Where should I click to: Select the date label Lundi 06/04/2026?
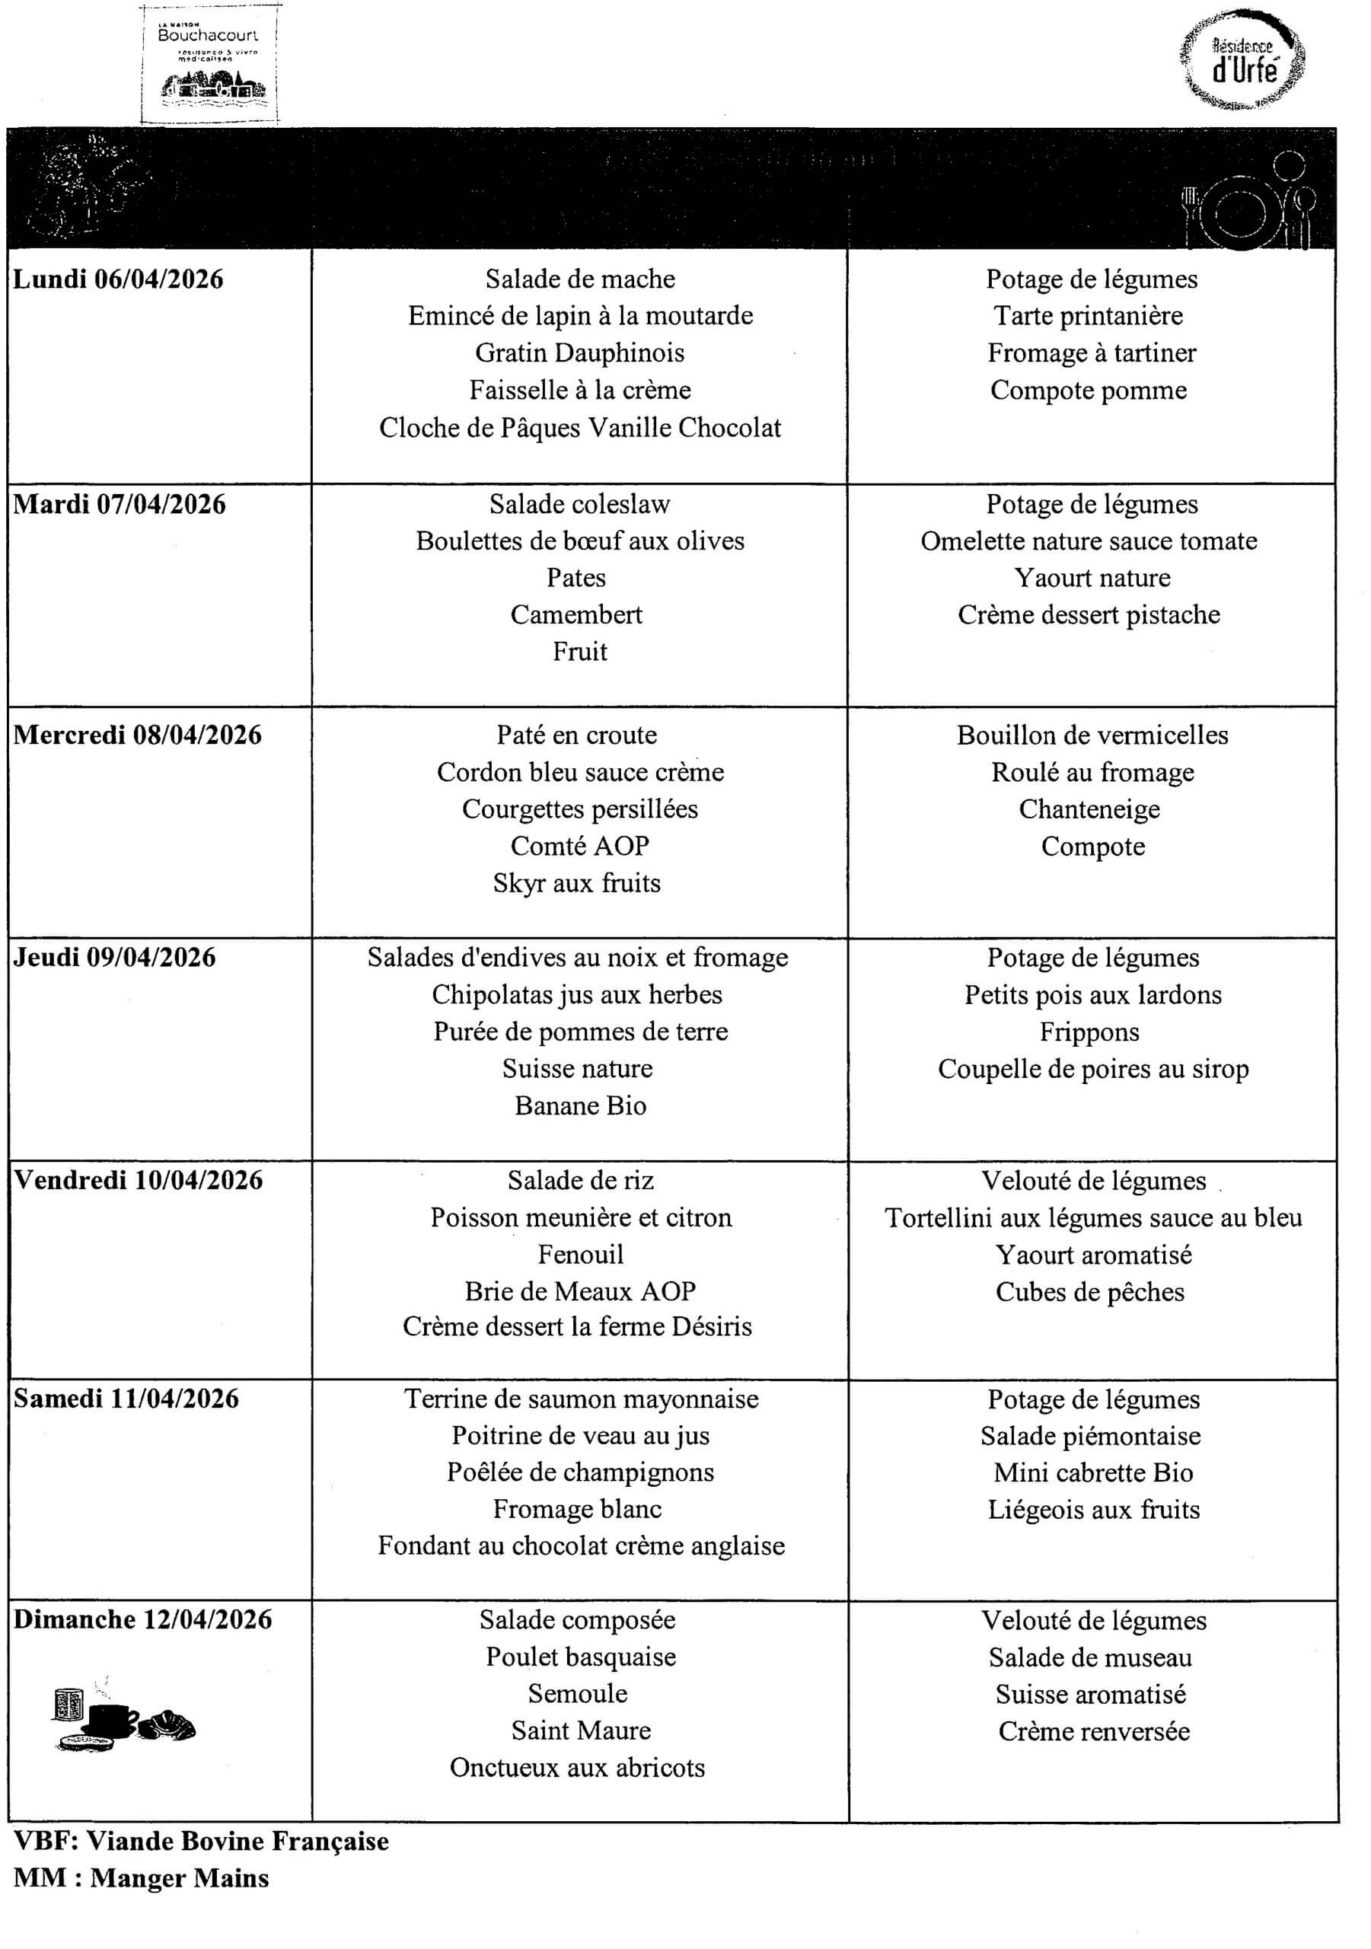[118, 279]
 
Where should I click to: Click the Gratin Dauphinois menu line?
[580, 353]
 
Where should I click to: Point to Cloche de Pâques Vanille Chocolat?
[580, 428]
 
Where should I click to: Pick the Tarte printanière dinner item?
[1089, 316]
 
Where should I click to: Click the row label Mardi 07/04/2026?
[120, 504]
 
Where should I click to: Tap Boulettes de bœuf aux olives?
[580, 541]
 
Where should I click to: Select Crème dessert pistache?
[1089, 614]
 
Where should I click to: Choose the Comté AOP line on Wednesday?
[580, 847]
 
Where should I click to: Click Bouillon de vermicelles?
[1092, 735]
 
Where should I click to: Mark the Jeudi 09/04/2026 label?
[115, 958]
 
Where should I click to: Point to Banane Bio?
[581, 1106]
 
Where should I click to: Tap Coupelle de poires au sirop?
[1093, 1069]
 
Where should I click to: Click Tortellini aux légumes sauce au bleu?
[1093, 1218]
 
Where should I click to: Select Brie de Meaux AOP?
[580, 1291]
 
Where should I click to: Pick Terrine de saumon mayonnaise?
[582, 1399]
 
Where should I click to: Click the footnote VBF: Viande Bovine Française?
[201, 1841]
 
